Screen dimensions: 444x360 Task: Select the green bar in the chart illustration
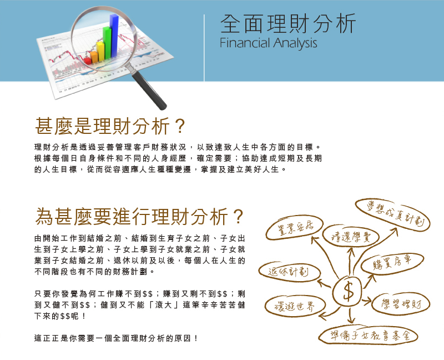point(107,43)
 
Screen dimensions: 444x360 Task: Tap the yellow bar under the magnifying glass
point(100,51)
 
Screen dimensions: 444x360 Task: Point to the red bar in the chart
point(88,61)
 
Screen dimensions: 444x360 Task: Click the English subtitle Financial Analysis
point(268,43)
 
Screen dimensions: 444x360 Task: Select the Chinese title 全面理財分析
point(287,23)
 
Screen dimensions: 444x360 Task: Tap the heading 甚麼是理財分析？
point(110,126)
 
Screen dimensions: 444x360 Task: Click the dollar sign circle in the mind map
point(347,291)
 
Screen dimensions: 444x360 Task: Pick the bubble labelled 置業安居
point(295,228)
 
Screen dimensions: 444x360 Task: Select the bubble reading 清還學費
point(351,237)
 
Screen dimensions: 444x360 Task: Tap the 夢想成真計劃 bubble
point(393,214)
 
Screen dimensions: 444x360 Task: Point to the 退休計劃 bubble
point(289,272)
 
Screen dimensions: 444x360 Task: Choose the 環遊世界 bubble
point(295,306)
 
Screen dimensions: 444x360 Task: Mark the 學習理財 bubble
point(401,304)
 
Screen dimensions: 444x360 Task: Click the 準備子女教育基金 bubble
point(369,336)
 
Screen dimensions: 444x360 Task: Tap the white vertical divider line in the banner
point(204,48)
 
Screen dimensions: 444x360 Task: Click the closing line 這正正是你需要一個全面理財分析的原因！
point(116,338)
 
